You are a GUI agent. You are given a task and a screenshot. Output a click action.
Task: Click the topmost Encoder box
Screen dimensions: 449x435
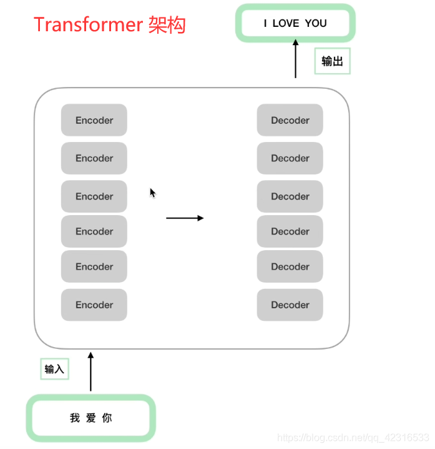pyautogui.click(x=94, y=120)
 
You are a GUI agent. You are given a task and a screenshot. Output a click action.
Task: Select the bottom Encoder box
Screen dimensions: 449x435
pyautogui.click(x=94, y=305)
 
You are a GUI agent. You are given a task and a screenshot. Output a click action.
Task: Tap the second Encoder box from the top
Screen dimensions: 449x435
pyautogui.click(x=94, y=158)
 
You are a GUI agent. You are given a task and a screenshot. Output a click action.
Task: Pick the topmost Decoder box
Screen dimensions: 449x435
pyautogui.click(x=290, y=120)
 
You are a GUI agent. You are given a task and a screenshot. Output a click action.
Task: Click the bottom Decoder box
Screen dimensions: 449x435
pyautogui.click(x=290, y=305)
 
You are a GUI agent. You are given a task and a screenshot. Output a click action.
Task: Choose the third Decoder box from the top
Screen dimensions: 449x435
pyautogui.click(x=290, y=196)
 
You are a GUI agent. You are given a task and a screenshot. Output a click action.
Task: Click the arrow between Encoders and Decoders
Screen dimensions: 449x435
pyautogui.click(x=185, y=218)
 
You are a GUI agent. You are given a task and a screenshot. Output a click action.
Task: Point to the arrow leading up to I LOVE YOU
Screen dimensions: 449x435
pyautogui.click(x=296, y=59)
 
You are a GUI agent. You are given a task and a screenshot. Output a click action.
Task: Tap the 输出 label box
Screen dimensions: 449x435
pyautogui.click(x=332, y=61)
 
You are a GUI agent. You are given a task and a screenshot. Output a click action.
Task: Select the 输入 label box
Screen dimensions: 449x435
pyautogui.click(x=54, y=369)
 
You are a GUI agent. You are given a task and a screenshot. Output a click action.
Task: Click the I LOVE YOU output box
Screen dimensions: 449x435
pyautogui.click(x=295, y=24)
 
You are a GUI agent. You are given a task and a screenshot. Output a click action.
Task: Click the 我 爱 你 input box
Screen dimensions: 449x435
pyautogui.click(x=90, y=418)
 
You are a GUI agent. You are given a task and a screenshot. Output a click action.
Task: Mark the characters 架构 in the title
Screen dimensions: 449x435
pyautogui.click(x=167, y=25)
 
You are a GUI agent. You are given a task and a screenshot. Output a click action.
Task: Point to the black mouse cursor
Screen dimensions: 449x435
pyautogui.click(x=152, y=193)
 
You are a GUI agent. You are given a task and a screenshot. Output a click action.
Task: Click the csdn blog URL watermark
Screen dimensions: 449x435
pyautogui.click(x=353, y=437)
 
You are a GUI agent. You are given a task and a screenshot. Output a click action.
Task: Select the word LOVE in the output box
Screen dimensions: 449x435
pyautogui.click(x=286, y=24)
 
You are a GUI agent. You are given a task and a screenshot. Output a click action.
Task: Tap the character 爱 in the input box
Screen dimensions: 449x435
pyautogui.click(x=91, y=418)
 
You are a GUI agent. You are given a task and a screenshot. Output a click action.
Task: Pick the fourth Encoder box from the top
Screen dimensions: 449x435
pyautogui.click(x=94, y=231)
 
